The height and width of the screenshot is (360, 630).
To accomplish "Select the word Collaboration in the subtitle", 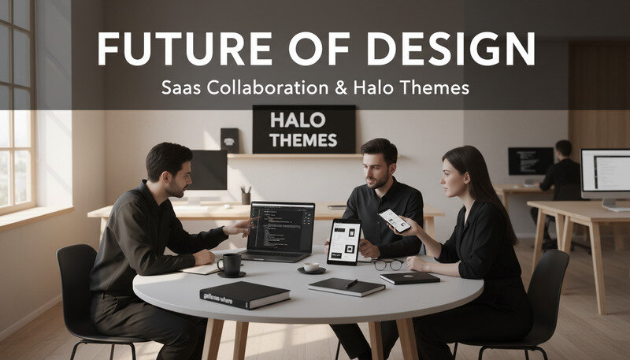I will click(x=266, y=87).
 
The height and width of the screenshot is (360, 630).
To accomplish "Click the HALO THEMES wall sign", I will click(x=303, y=130).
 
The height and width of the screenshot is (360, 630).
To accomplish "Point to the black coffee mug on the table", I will click(x=230, y=263).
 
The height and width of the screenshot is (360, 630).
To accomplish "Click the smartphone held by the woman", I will click(x=393, y=220).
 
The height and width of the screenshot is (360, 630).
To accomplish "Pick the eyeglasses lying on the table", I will click(x=388, y=264).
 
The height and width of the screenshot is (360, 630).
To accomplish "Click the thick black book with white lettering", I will click(x=244, y=295).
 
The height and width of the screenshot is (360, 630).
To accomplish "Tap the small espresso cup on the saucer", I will click(x=312, y=267).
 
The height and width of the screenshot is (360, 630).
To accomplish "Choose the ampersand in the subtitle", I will click(x=339, y=87).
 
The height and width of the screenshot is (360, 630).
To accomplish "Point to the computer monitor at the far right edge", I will click(x=605, y=175).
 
